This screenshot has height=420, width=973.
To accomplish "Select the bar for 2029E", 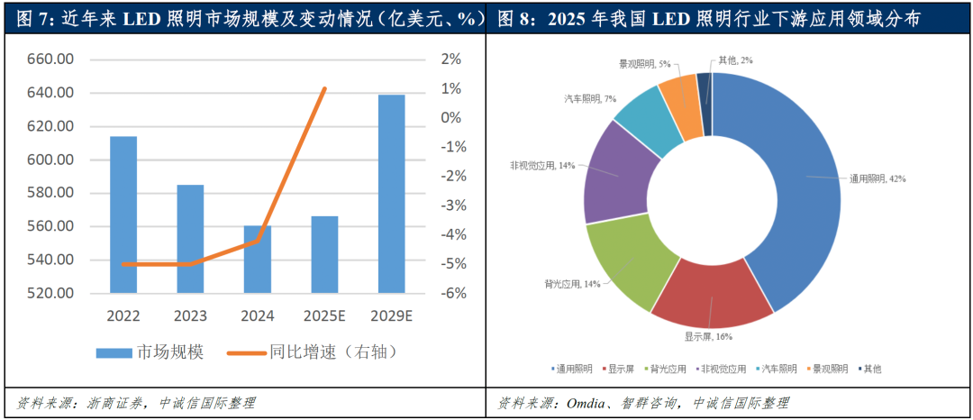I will pyautogui.click(x=391, y=194).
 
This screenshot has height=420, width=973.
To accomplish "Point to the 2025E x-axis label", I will pyautogui.click(x=323, y=316).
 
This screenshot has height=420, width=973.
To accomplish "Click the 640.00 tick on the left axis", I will pyautogui.click(x=51, y=93).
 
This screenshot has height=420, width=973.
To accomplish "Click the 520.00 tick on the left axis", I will pyautogui.click(x=51, y=293).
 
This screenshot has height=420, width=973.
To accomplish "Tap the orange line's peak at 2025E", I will pyautogui.click(x=324, y=88).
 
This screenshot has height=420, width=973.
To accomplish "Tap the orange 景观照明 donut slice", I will pyautogui.click(x=681, y=106).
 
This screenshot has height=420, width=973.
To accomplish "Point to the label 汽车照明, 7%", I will pyautogui.click(x=590, y=98).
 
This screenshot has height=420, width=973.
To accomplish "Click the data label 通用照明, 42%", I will pyautogui.click(x=878, y=178).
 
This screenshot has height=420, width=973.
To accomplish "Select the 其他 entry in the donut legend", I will pyautogui.click(x=870, y=369).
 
